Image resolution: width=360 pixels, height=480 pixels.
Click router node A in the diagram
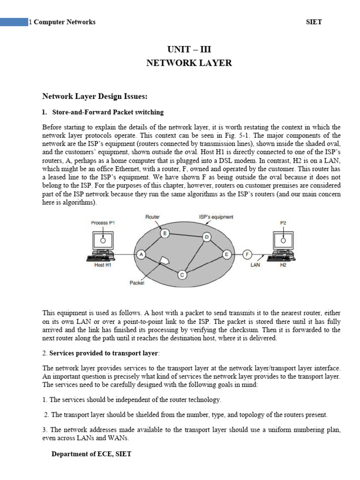[140, 254]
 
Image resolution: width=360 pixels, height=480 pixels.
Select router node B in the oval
[164, 233]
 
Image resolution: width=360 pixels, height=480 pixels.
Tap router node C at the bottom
[182, 275]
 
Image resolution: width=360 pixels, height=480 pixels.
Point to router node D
[206, 237]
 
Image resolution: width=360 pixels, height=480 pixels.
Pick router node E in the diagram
[227, 254]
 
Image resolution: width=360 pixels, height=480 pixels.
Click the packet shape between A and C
[164, 260]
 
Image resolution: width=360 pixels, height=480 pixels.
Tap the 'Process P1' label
[102, 223]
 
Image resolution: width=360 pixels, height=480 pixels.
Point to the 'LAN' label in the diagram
[255, 265]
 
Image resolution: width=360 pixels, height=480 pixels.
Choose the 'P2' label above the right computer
[283, 223]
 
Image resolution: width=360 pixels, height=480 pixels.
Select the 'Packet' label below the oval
[137, 283]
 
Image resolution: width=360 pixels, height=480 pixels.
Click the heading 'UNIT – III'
[187, 49]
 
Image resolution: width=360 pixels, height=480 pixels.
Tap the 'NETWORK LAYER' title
[189, 63]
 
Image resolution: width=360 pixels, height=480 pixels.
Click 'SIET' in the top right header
[314, 22]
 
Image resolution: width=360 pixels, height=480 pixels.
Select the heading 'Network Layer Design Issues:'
[95, 97]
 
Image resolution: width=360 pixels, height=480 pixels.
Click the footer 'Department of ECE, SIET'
[91, 454]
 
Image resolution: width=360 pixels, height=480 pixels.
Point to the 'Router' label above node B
[153, 217]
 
